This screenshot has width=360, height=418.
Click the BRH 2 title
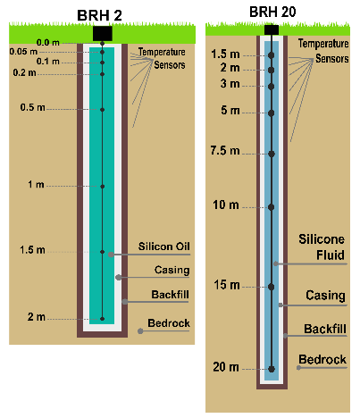[99, 15]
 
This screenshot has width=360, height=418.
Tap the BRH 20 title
[272, 12]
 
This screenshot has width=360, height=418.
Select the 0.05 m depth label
[23, 52]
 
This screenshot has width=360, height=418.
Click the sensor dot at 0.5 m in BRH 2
[102, 110]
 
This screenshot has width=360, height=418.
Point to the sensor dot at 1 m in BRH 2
[102, 187]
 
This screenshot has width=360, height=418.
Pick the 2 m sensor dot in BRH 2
[102, 319]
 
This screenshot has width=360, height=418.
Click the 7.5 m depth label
[225, 151]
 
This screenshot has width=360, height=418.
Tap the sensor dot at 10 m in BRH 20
[271, 207]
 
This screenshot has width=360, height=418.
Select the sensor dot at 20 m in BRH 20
[272, 369]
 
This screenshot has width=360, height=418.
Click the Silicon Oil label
[163, 247]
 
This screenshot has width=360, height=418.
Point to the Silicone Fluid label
[322, 247]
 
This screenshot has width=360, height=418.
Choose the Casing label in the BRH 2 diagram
[172, 270]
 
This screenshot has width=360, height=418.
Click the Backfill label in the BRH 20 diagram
[325, 329]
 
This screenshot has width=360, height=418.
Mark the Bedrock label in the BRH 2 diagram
[169, 323]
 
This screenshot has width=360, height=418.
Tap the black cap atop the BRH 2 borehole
[103, 33]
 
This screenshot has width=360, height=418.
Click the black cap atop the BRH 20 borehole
[272, 29]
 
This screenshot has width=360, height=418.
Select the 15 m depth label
[227, 285]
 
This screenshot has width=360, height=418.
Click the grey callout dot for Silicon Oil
[111, 255]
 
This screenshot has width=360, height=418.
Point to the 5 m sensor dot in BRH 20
[271, 113]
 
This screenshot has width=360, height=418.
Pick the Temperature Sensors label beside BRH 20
[323, 51]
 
